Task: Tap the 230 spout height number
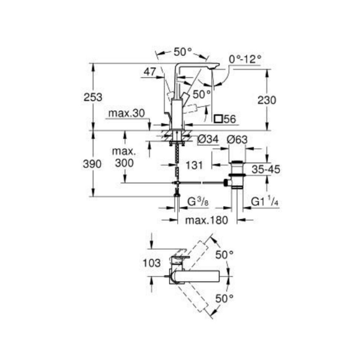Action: point(267,100)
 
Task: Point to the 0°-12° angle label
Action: point(245,59)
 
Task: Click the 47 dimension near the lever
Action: point(149,72)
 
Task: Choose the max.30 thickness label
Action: point(126,114)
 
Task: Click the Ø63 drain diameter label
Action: point(237,139)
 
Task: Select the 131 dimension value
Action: point(194,165)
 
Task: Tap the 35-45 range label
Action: point(266,169)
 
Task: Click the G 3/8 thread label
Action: point(197,202)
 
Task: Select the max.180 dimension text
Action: point(206,220)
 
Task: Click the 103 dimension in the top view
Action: point(151,262)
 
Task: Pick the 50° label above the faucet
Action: point(182,52)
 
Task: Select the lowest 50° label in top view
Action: point(224,299)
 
